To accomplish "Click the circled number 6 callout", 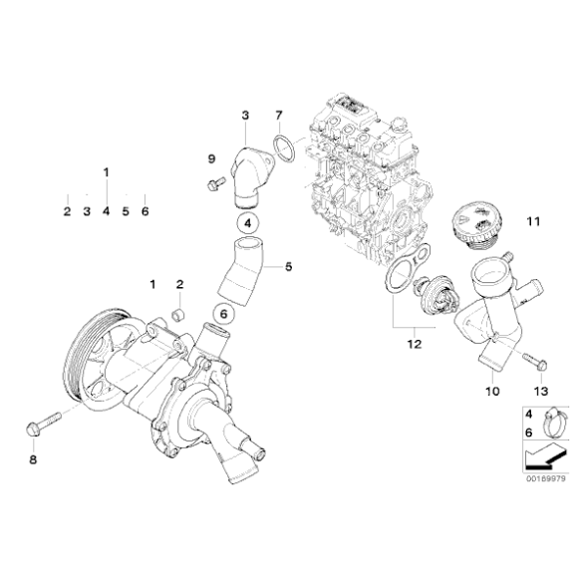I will coord(224,313).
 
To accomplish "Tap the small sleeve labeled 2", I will coord(180,316).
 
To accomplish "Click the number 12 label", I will coord(413,345).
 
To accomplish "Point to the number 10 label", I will coord(491,392).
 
